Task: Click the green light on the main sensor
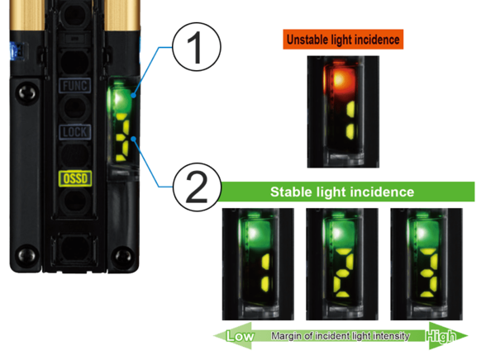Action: click(x=119, y=100)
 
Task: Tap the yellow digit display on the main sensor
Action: click(x=123, y=136)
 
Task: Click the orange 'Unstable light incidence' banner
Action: click(x=343, y=39)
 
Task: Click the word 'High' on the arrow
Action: click(x=441, y=336)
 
